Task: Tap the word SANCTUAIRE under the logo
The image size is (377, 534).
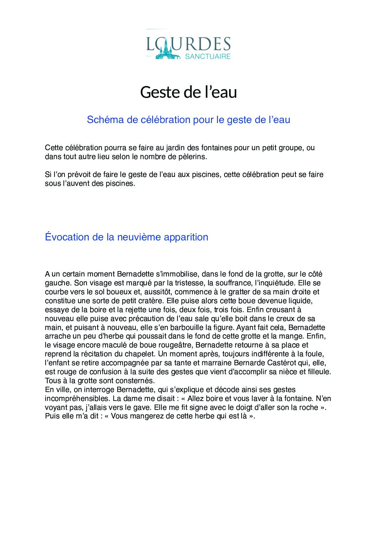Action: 208,56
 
